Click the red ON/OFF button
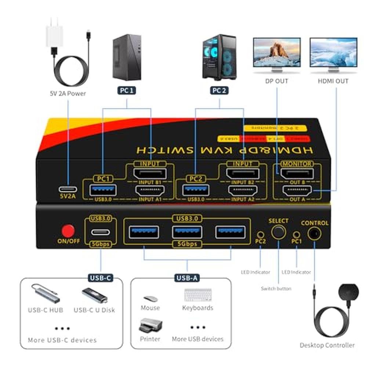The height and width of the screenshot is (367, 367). click(x=68, y=231)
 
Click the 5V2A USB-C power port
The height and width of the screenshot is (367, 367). click(x=68, y=190)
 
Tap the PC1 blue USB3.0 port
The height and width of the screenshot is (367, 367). click(x=103, y=190)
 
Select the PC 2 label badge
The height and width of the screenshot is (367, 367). click(x=219, y=90)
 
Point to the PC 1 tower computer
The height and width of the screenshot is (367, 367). click(x=126, y=57)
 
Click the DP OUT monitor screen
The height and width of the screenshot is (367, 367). click(x=277, y=52)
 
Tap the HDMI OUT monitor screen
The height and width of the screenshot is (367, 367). click(x=333, y=52)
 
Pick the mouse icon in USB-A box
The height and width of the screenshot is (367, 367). click(x=150, y=299)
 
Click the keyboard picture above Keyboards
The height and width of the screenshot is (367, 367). click(x=198, y=295)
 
